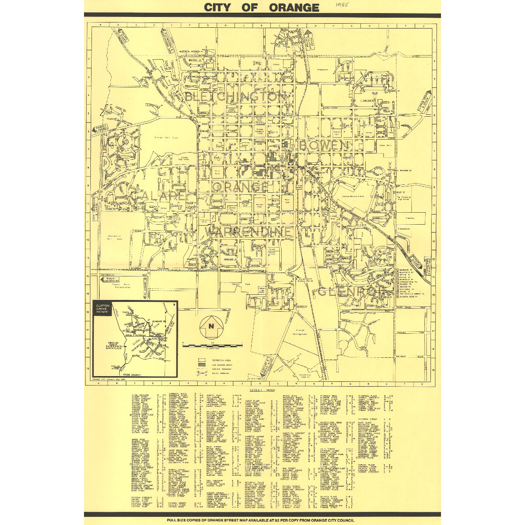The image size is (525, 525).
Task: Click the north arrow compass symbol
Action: [211, 327]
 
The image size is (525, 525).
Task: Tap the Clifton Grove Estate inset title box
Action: [102, 309]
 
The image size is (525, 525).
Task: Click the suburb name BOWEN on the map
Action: [324, 145]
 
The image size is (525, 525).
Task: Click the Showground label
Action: [322, 70]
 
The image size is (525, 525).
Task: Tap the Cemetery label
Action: [410, 218]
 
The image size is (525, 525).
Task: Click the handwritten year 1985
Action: [342, 5]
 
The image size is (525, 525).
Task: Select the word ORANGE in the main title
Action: [294, 7]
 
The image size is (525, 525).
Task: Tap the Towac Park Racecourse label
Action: [123, 286]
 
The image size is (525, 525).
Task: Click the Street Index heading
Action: [262, 390]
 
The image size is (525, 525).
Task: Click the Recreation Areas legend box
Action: [202, 360]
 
